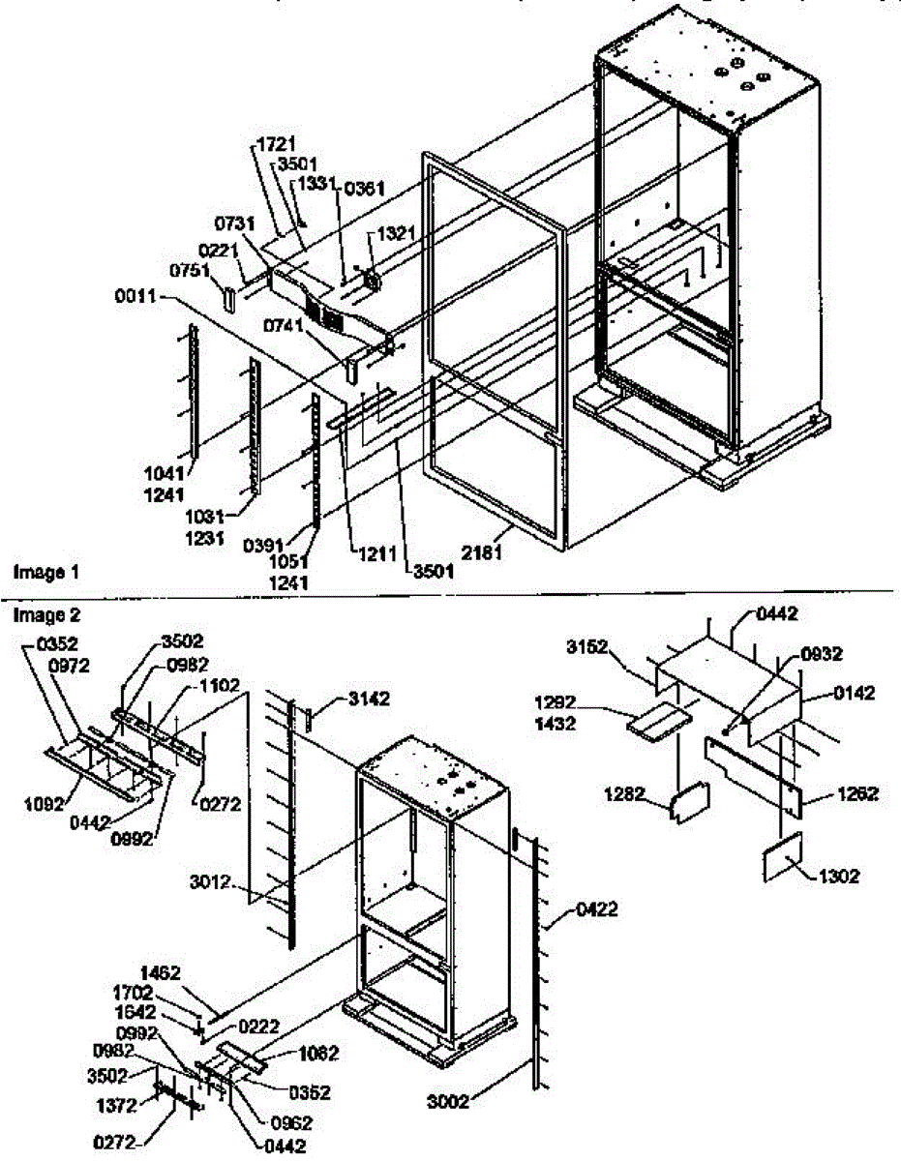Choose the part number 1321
pyautogui.click(x=395, y=235)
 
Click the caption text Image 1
pyautogui.click(x=45, y=573)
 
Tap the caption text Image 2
pyautogui.click(x=45, y=614)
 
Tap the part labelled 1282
pyautogui.click(x=691, y=800)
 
